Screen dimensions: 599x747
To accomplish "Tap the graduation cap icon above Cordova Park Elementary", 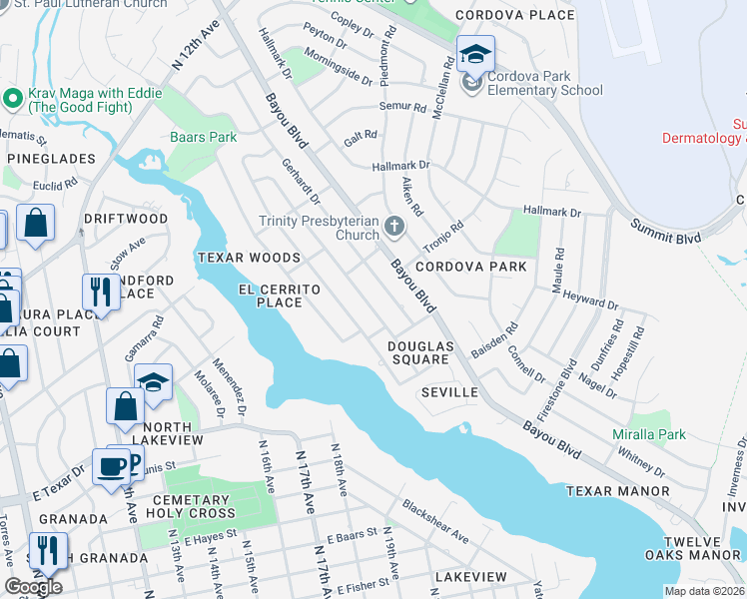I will (x=475, y=53).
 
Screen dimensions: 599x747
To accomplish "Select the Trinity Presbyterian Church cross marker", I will (x=394, y=227).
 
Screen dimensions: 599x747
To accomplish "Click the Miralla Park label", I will (x=649, y=435).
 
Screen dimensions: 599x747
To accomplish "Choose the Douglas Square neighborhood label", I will (x=420, y=352).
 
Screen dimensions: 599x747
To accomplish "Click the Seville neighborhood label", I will (x=449, y=392).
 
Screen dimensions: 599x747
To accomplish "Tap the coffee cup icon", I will (x=110, y=465).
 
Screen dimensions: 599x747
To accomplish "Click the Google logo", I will (x=33, y=587).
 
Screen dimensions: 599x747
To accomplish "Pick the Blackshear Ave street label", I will (x=434, y=522).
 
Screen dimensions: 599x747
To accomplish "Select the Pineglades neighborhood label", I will (x=51, y=159).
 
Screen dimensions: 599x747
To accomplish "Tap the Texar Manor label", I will (x=617, y=491).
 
